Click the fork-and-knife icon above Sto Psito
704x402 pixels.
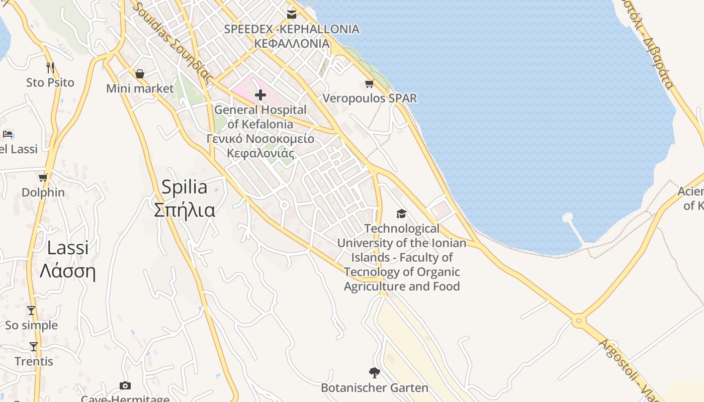(50, 67)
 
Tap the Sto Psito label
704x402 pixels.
(50, 82)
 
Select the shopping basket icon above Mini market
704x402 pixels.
(140, 74)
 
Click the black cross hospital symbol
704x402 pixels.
(260, 94)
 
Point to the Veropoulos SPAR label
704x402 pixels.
(370, 98)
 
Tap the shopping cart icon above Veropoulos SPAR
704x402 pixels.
(370, 83)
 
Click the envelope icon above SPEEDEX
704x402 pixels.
(291, 14)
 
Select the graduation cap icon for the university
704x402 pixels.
(401, 214)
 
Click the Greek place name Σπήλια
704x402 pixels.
(185, 210)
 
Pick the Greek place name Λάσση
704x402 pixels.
(67, 271)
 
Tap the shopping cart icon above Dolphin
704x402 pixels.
(43, 177)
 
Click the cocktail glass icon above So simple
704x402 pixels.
(31, 311)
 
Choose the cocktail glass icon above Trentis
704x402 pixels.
(34, 346)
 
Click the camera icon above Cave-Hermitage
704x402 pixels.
(125, 385)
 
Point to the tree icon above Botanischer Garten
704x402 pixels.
(374, 373)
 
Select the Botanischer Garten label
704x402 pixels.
(375, 388)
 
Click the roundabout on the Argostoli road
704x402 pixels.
(579, 320)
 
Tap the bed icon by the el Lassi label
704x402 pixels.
(8, 134)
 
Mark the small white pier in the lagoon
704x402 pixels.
(568, 218)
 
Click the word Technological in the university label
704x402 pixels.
(402, 229)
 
